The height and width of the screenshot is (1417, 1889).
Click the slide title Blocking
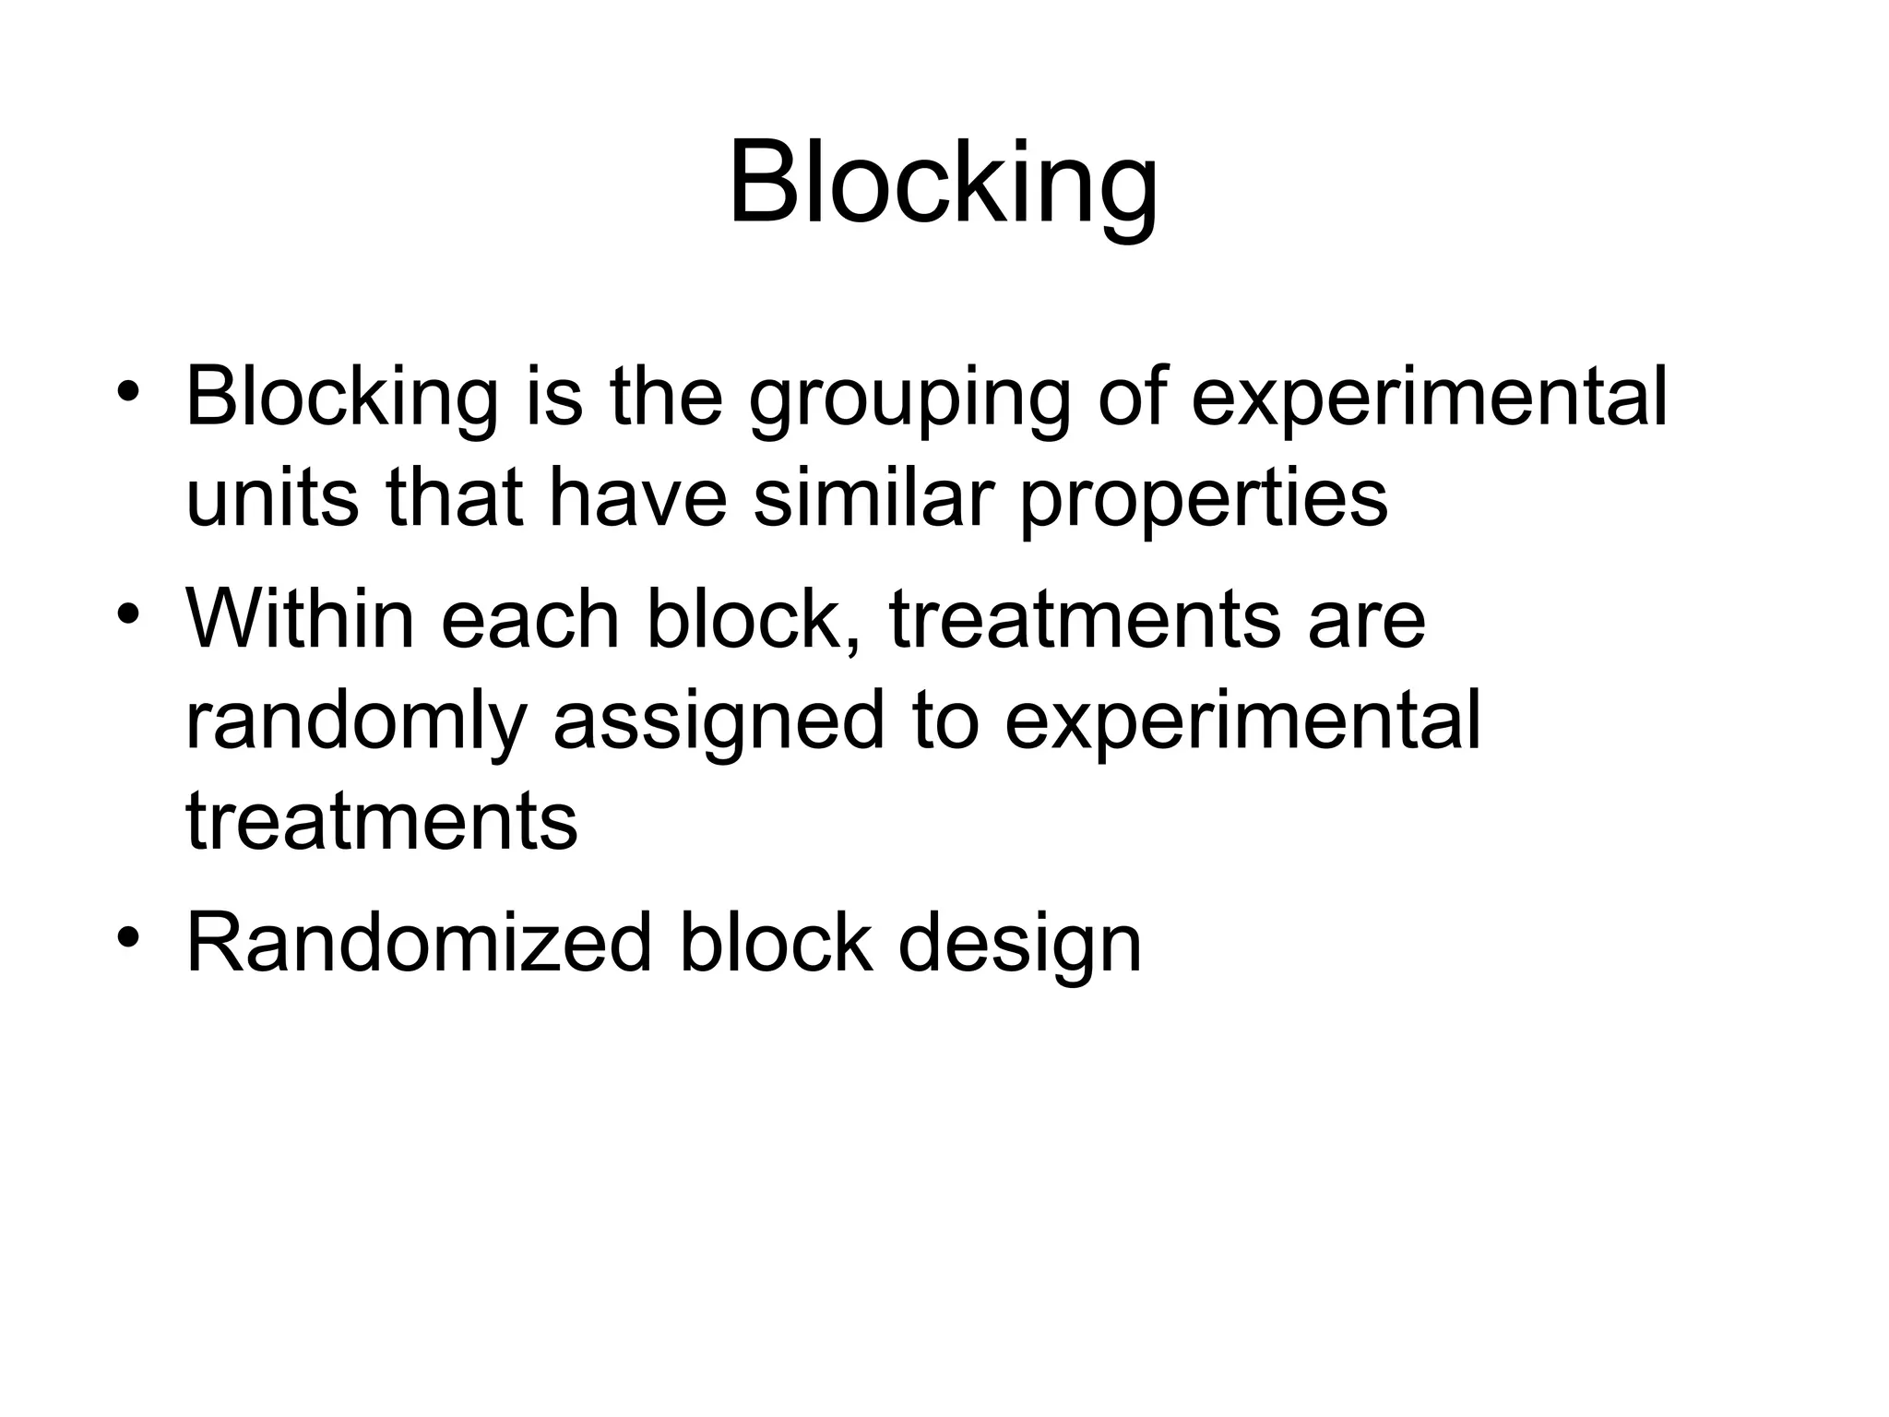(x=943, y=185)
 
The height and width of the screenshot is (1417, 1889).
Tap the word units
(x=272, y=498)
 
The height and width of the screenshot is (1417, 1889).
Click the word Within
(x=300, y=618)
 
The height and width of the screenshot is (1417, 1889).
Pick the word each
(x=529, y=618)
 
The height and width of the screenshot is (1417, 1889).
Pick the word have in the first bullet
(x=638, y=498)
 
